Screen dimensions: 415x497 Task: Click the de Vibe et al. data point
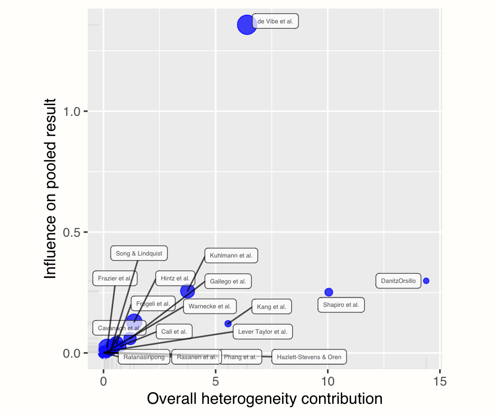[x=246, y=24]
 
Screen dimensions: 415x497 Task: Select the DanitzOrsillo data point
[x=426, y=281]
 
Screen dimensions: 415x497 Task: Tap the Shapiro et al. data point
[x=329, y=292]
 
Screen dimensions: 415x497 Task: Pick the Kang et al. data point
[x=228, y=324]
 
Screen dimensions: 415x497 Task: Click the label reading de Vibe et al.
[x=275, y=21]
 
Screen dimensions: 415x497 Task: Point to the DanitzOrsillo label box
[x=398, y=281]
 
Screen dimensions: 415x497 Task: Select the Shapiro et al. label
[x=341, y=305]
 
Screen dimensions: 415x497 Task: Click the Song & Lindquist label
[x=139, y=253]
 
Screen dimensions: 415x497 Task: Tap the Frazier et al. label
[x=115, y=278]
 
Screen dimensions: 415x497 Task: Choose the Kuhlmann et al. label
[x=231, y=256]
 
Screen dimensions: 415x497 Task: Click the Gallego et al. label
[x=228, y=281]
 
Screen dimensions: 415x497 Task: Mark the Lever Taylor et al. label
[x=263, y=332]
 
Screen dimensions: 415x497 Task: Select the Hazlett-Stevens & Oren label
[x=309, y=357]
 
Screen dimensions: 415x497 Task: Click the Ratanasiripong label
[x=144, y=357]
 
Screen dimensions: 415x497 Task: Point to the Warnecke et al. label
[x=209, y=306]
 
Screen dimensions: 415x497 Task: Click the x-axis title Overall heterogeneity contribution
[x=265, y=399]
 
